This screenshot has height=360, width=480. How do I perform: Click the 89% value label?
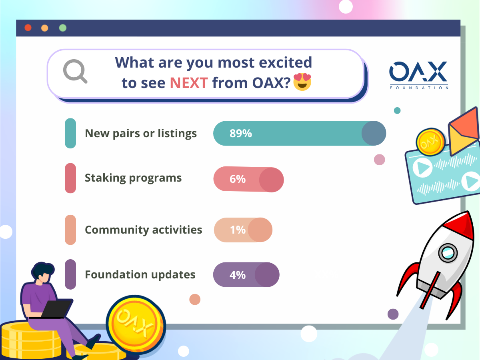(x=240, y=133)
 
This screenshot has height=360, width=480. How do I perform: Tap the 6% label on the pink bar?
(x=238, y=179)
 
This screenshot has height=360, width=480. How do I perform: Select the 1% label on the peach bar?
(x=238, y=230)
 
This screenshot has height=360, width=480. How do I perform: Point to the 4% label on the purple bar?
(x=238, y=275)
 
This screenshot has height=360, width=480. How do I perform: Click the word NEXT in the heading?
(x=189, y=83)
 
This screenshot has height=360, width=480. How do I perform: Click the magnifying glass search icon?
(x=75, y=71)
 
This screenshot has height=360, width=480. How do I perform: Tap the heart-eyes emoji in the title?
(x=302, y=82)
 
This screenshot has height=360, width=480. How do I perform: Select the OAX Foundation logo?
(x=419, y=75)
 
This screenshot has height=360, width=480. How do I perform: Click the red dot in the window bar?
(x=28, y=28)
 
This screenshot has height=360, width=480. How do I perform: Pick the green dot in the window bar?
(x=63, y=28)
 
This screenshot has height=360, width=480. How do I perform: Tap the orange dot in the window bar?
(x=45, y=28)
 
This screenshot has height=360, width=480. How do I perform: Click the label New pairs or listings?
(x=141, y=133)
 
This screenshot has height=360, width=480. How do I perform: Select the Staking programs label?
(x=133, y=178)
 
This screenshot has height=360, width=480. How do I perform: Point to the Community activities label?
(x=144, y=230)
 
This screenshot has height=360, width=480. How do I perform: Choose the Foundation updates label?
(x=140, y=275)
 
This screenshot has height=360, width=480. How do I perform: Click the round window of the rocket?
(x=448, y=253)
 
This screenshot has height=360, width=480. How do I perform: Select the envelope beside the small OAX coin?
(x=464, y=132)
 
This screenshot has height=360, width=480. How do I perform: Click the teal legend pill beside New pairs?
(x=70, y=133)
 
